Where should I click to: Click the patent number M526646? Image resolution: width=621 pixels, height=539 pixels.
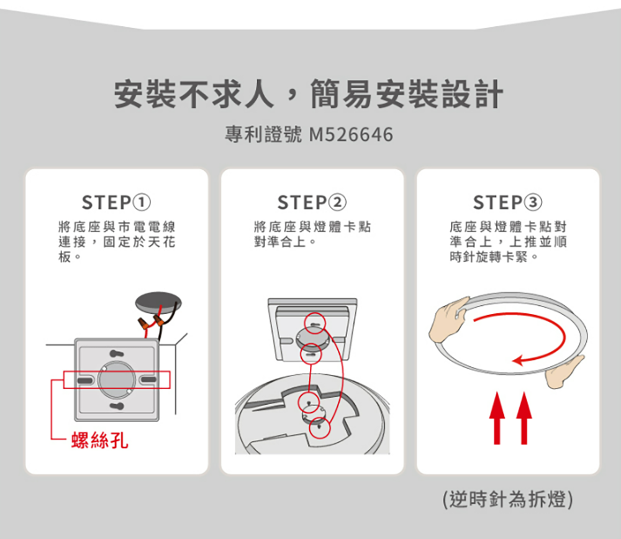[351, 134]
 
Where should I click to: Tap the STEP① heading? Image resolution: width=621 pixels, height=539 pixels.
[116, 203]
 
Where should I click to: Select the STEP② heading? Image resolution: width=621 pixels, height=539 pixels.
[312, 203]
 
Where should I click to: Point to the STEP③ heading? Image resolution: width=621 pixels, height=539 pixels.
[507, 203]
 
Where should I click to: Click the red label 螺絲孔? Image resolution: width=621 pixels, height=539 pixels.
[100, 440]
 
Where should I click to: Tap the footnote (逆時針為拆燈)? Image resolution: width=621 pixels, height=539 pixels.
[508, 499]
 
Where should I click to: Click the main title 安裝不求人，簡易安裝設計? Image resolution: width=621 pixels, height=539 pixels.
[309, 94]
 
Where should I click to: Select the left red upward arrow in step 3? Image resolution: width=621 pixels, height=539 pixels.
[497, 418]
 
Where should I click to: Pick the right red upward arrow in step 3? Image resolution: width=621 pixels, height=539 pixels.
[524, 418]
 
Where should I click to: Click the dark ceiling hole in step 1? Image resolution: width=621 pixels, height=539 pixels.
[158, 303]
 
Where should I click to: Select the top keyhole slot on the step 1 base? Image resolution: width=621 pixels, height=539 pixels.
[117, 353]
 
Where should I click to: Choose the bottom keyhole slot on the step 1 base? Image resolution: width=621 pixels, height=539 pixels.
[117, 406]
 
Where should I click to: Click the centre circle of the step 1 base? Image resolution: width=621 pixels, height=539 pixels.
[117, 380]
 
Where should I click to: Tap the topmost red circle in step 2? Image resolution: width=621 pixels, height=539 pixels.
[315, 322]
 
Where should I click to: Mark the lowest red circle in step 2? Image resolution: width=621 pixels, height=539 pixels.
[319, 428]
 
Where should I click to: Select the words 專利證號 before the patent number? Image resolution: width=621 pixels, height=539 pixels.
[263, 134]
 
